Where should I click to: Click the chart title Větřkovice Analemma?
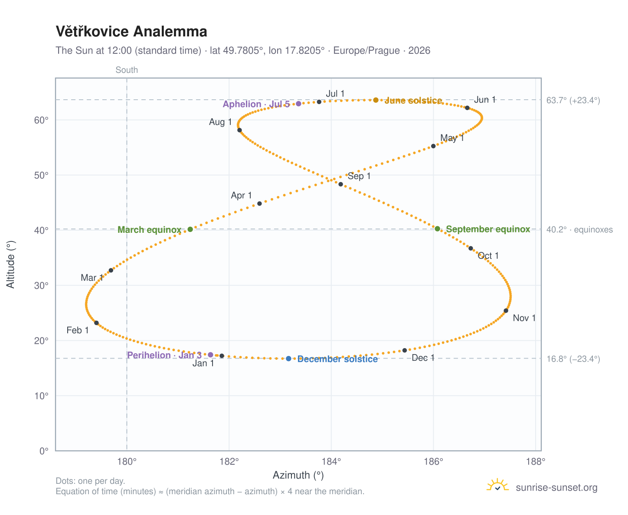[x=131, y=32]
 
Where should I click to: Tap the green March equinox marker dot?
[x=190, y=229]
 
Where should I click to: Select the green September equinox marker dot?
[x=437, y=228]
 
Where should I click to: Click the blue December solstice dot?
[x=288, y=359]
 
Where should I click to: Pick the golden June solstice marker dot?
[x=376, y=100]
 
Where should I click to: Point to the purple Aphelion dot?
[x=298, y=104]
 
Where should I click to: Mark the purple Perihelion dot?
[x=210, y=355]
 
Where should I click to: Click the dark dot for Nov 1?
[x=506, y=310]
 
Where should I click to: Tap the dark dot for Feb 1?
[x=96, y=323]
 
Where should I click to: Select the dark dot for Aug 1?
[x=239, y=130]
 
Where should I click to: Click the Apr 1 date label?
[x=241, y=195]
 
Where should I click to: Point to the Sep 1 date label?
[x=359, y=176]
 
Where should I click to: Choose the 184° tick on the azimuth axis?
[x=331, y=461]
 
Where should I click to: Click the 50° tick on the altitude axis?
[x=41, y=175]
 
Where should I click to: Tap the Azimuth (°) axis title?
[x=298, y=475]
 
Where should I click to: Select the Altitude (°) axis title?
[x=11, y=264]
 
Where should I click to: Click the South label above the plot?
[x=127, y=70]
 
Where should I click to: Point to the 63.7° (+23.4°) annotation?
[x=573, y=100]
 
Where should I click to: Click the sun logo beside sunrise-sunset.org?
[x=497, y=485]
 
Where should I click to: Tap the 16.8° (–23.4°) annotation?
[x=573, y=359]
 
